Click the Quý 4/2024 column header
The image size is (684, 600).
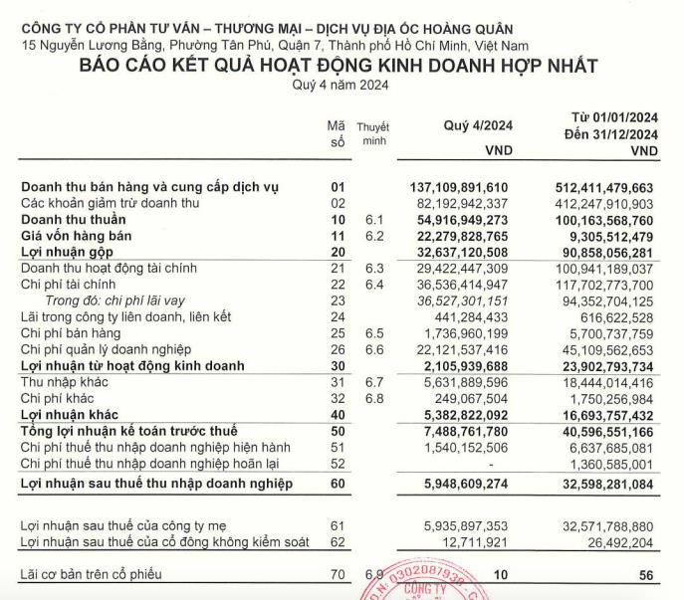point(476,124)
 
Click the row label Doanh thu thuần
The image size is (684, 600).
point(74,219)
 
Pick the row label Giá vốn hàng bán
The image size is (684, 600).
point(75,235)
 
